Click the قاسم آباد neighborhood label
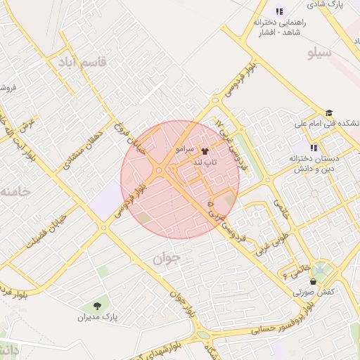point(82,63)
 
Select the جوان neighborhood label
point(167,258)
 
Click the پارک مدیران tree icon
point(96,306)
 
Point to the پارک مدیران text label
point(98,318)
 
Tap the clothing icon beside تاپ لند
point(205,150)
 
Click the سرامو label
point(186,150)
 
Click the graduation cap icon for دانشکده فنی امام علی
point(328,112)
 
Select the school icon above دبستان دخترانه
point(314,148)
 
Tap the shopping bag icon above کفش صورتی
point(313,281)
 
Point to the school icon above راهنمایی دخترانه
point(279,11)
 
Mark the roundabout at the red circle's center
point(160,169)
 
